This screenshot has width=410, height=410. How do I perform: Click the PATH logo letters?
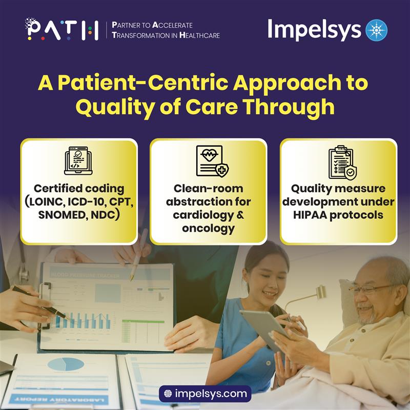(61, 29)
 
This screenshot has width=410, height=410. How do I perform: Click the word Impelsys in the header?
(314, 30)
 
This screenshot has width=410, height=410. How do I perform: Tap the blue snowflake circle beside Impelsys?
(377, 30)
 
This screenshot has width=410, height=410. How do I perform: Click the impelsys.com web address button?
(205, 394)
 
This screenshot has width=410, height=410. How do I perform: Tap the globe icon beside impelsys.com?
(168, 394)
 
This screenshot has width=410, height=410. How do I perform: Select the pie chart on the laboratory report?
(65, 364)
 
